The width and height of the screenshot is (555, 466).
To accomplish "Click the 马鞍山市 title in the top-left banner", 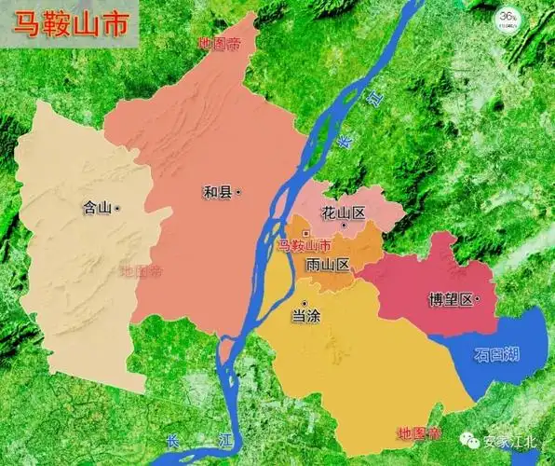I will click(x=70, y=24).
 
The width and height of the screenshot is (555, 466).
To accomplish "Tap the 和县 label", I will click(x=218, y=193).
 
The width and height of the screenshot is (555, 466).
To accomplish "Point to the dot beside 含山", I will click(x=118, y=208).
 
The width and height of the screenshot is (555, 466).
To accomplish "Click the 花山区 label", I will click(x=343, y=212).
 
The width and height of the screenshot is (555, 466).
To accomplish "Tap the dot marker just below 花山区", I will click(x=344, y=226).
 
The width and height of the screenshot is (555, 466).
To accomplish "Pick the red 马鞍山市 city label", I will click(x=305, y=246).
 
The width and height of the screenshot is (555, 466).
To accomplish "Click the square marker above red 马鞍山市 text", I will click(x=305, y=233).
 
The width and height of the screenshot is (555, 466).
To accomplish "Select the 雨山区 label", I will click(x=328, y=265).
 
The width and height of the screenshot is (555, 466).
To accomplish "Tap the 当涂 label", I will click(x=305, y=316).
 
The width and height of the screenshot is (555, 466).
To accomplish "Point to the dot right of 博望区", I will click(x=476, y=299).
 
